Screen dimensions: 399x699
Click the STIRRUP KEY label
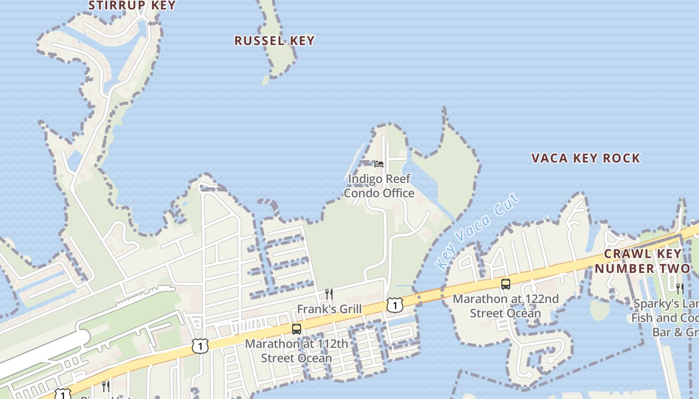[132, 5]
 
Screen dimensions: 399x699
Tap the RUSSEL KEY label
[274, 41]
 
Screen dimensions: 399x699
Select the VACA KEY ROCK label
[585, 158]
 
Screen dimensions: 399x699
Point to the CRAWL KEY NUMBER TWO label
[642, 261]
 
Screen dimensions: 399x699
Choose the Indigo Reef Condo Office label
[379, 186]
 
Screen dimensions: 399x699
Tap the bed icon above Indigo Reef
[379, 164]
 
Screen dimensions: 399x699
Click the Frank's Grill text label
[329, 309]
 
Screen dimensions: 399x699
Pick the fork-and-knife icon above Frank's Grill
[329, 294]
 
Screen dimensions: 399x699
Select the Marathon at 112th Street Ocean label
[297, 351]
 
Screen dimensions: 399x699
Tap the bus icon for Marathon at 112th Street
[297, 329]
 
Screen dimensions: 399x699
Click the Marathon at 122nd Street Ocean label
[505, 306]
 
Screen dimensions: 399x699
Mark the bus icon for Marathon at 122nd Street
[506, 284]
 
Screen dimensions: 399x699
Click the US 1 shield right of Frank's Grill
[394, 305]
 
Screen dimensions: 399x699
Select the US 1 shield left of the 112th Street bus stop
[200, 346]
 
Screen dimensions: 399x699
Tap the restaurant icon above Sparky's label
[680, 288]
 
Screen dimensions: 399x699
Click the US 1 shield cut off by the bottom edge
[62, 395]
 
